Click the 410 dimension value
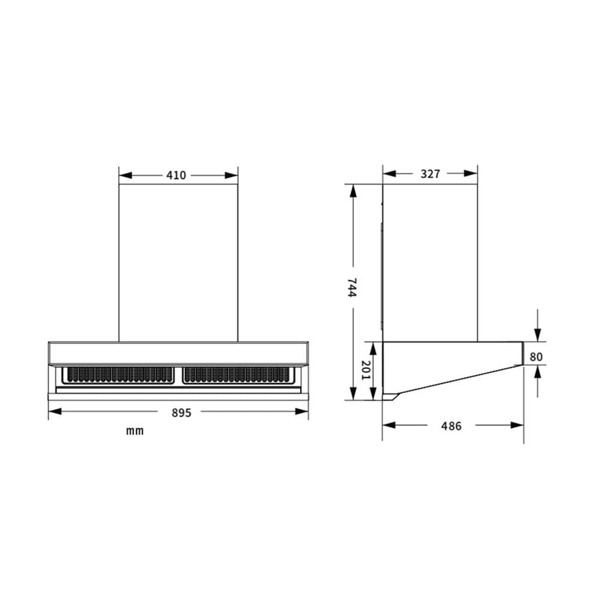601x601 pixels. [176, 175]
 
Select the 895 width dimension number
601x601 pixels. [182, 413]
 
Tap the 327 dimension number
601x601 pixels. [430, 174]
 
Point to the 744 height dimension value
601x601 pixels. [352, 287]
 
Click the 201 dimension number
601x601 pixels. [366, 370]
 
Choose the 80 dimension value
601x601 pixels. [536, 357]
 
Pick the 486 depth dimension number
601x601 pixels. [451, 426]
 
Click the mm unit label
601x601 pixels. [135, 431]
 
